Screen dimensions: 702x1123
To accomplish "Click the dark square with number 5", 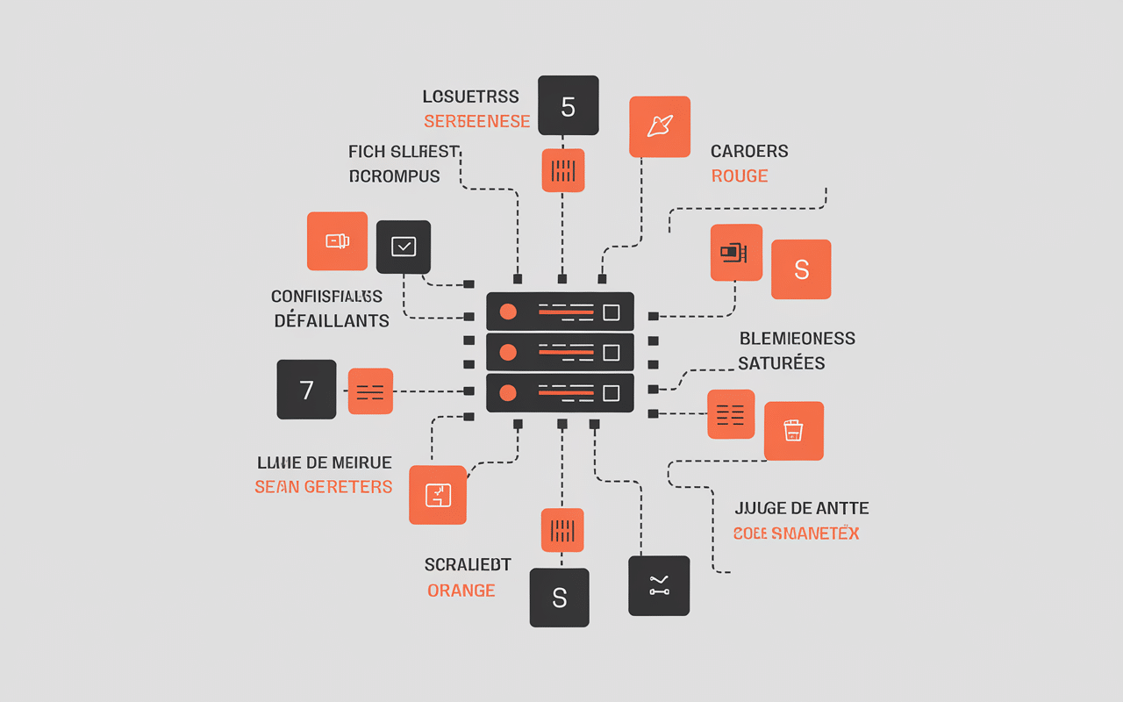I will [568, 105].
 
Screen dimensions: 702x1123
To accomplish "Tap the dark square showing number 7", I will [306, 389].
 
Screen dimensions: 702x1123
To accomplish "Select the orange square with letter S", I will [800, 269].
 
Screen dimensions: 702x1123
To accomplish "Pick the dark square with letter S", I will [559, 598].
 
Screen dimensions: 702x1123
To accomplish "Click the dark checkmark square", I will [404, 247].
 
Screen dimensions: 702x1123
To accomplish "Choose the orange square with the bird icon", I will [660, 126].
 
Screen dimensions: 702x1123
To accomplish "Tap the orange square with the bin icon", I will [793, 431].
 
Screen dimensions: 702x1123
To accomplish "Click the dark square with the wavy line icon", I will [659, 585].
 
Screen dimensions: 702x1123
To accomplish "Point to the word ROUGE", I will [740, 176].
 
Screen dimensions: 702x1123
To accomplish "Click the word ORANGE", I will [461, 591].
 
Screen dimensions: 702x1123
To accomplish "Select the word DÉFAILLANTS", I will [332, 321].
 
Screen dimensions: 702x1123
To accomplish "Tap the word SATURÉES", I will [781, 363].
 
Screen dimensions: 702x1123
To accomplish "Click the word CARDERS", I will [749, 152].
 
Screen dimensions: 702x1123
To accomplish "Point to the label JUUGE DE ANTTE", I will [801, 508].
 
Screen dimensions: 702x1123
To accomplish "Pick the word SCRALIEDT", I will [468, 565].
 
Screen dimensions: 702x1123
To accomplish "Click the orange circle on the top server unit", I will [507, 312].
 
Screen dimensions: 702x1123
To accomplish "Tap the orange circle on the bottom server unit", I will [507, 393].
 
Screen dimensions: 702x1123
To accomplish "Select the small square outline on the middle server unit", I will [612, 352].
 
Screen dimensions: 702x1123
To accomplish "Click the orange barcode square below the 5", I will [562, 170].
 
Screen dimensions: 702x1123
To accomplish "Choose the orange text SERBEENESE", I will [476, 122].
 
